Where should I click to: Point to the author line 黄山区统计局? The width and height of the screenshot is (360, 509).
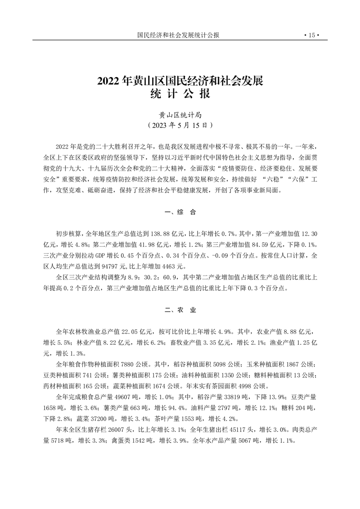(180, 115)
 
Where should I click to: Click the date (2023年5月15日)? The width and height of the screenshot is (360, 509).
(180, 124)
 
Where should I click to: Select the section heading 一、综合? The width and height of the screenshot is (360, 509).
(180, 212)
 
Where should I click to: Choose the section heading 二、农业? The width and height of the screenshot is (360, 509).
(180, 310)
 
